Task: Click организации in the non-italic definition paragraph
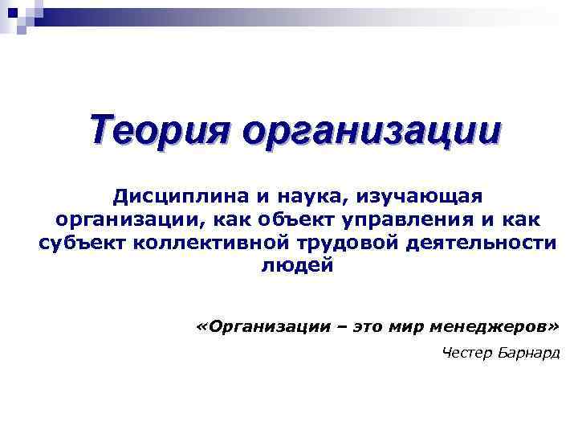tap(120, 219)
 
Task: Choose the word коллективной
tap(192, 243)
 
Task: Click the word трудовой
tap(330, 243)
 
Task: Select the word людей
tap(296, 266)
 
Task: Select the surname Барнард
tap(529, 354)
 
